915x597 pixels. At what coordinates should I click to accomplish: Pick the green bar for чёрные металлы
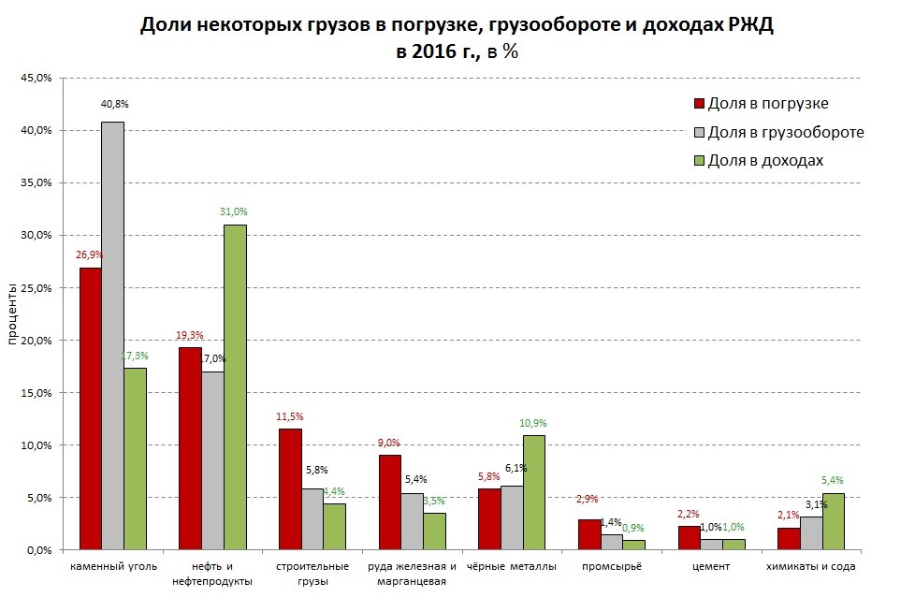533,492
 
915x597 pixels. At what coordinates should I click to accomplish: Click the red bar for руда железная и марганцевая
389,502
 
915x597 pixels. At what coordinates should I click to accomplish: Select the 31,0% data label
235,211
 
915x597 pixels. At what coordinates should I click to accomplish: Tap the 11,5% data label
290,416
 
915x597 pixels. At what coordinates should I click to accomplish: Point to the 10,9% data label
533,423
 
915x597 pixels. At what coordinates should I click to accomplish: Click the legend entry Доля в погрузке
767,104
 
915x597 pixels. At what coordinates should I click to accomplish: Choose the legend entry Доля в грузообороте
785,132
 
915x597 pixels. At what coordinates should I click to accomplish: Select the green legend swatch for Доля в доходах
698,160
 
